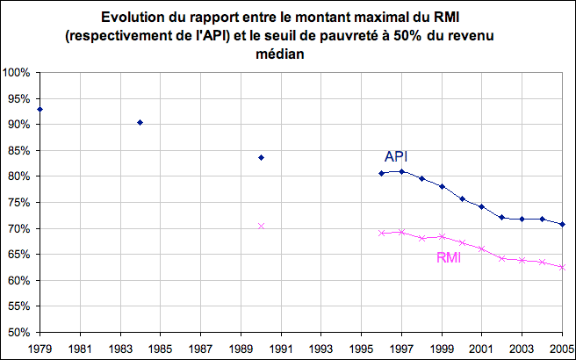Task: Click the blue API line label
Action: pyautogui.click(x=396, y=156)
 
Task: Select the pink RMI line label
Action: pyautogui.click(x=450, y=258)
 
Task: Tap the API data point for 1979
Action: pyautogui.click(x=40, y=110)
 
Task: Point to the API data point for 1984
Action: pyautogui.click(x=140, y=122)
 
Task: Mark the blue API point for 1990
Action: pyautogui.click(x=261, y=157)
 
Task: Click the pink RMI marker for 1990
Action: pyautogui.click(x=261, y=227)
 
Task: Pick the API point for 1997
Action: pyautogui.click(x=401, y=171)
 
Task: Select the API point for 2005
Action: pyautogui.click(x=562, y=225)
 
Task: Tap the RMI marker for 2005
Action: pyautogui.click(x=562, y=267)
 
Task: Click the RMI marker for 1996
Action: pyautogui.click(x=381, y=233)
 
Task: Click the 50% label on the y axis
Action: pyautogui.click(x=20, y=333)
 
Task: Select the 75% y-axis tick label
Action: pyautogui.click(x=20, y=203)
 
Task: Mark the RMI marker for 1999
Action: pyautogui.click(x=442, y=236)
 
